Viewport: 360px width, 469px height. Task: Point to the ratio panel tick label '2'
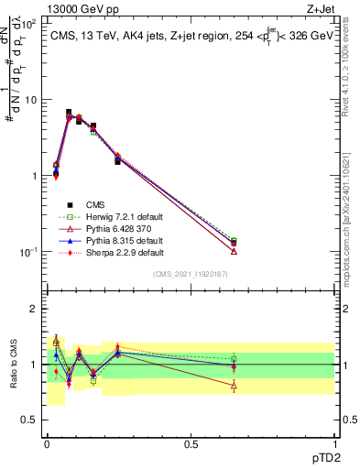pos(34,310)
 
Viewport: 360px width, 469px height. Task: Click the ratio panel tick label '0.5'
pos(28,420)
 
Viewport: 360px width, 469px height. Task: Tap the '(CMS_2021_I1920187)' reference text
pos(190,274)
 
